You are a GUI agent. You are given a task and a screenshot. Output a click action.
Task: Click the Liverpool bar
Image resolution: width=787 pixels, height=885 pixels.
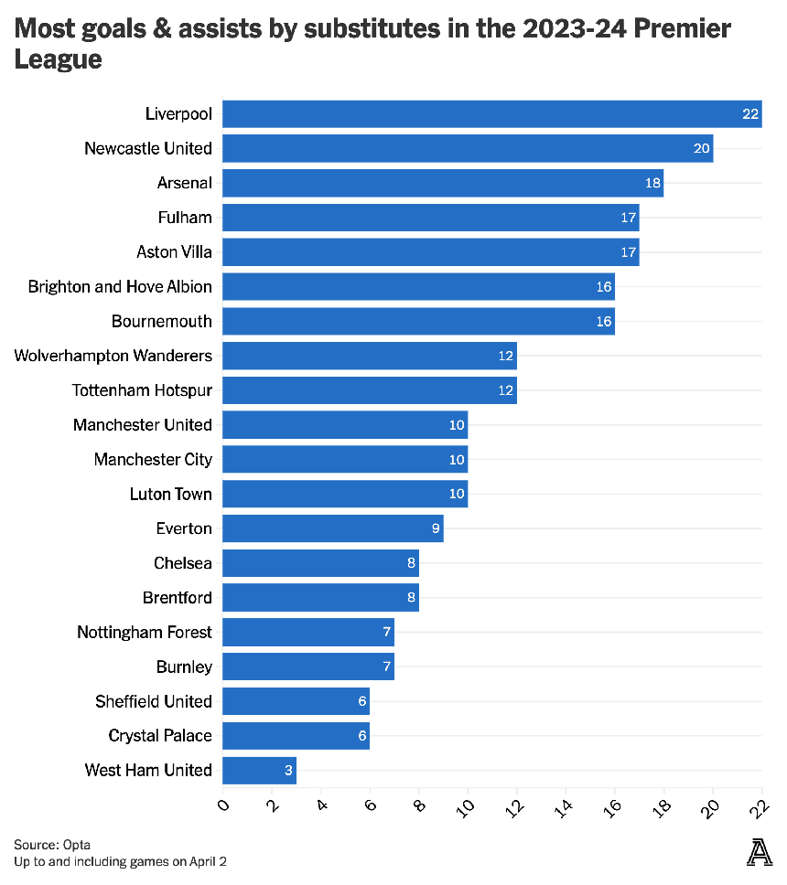(492, 113)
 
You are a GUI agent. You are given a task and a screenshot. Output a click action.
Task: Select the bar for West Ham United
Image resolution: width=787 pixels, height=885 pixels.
(259, 771)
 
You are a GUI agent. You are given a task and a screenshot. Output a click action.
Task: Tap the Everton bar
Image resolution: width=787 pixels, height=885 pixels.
(333, 528)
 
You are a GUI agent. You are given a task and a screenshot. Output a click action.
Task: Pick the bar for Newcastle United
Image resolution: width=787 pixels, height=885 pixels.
(468, 148)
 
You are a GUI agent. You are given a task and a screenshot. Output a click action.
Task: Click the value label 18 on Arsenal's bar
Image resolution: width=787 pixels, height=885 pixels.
(652, 183)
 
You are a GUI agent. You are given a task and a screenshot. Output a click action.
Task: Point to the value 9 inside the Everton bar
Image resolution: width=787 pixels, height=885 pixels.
(437, 528)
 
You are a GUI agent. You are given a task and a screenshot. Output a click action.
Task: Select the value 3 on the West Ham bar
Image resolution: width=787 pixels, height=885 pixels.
(289, 771)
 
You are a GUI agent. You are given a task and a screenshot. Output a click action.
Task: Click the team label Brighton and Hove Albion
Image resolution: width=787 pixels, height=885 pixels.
(120, 287)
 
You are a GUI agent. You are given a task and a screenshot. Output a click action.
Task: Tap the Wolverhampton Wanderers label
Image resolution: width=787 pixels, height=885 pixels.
(113, 356)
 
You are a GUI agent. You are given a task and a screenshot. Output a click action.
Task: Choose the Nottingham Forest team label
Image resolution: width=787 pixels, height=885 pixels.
(145, 633)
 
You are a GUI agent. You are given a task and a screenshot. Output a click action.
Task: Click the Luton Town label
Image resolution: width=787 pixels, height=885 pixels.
(171, 495)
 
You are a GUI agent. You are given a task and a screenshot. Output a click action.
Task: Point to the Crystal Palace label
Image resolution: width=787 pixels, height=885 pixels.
(160, 736)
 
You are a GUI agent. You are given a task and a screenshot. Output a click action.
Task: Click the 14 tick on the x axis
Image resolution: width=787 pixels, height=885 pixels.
(565, 805)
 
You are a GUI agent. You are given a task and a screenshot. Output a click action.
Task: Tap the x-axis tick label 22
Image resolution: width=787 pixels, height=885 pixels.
(760, 805)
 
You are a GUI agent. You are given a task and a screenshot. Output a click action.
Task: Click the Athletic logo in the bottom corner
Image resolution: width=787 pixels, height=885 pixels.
(760, 853)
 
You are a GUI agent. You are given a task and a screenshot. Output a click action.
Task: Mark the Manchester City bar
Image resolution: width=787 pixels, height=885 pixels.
(345, 459)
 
